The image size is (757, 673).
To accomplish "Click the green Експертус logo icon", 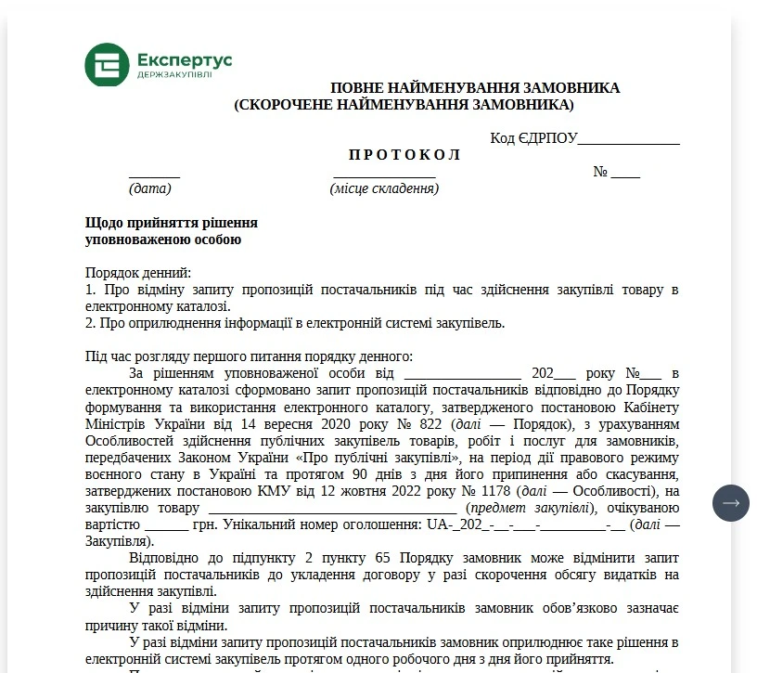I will [x=107, y=65].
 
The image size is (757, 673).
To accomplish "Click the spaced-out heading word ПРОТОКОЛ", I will [x=404, y=155].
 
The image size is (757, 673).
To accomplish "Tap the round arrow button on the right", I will [x=730, y=502].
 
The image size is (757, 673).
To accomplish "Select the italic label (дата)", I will [x=150, y=188].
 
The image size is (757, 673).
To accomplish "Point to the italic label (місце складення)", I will [x=384, y=188].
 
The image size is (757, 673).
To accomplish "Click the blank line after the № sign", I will [x=625, y=174].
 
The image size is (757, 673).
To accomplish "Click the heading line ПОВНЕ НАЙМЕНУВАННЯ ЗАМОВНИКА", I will [x=475, y=88].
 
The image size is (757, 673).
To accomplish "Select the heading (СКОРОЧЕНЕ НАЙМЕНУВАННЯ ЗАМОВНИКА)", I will [x=404, y=105].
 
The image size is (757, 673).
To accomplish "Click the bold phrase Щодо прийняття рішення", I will [x=172, y=224].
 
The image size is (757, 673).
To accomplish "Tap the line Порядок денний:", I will [x=137, y=274].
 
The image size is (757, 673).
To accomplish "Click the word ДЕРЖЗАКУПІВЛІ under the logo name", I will [x=174, y=74].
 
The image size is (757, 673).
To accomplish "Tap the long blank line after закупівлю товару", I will [x=332, y=510].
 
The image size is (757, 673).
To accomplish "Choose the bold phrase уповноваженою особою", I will [x=163, y=240].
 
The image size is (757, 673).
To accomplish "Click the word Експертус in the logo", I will [x=184, y=59].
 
